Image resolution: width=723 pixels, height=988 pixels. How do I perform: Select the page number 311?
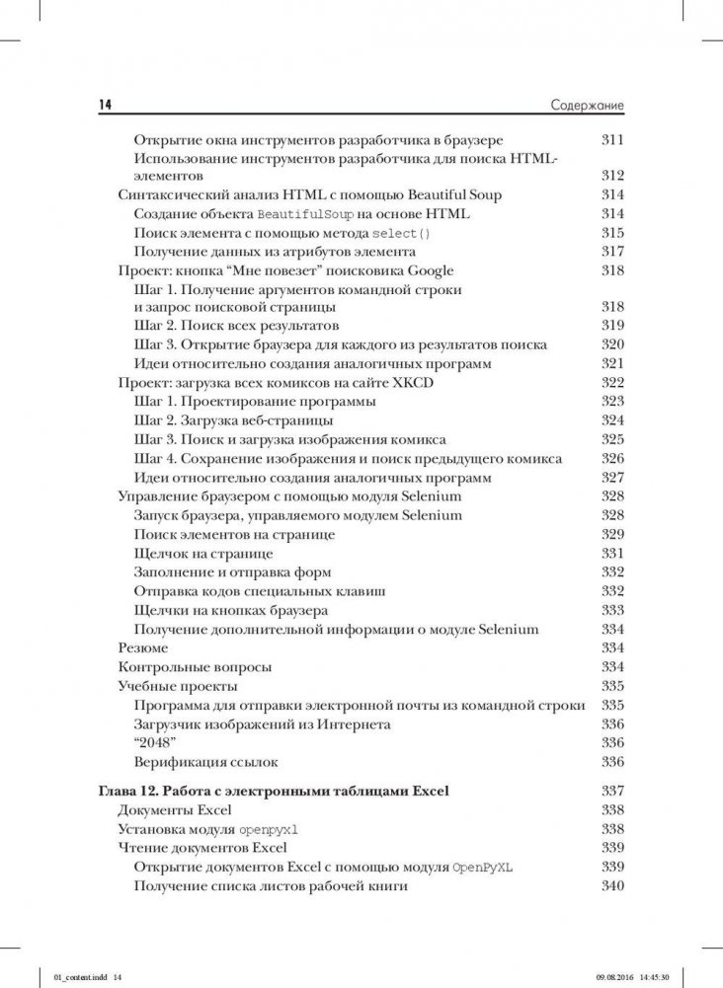click(612, 139)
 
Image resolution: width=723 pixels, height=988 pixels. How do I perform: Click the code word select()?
click(401, 234)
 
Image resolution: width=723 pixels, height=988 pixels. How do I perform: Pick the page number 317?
click(612, 252)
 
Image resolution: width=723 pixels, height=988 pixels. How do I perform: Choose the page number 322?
click(612, 383)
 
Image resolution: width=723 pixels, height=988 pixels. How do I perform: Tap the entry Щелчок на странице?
click(203, 553)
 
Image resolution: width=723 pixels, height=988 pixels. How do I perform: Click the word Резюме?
click(142, 647)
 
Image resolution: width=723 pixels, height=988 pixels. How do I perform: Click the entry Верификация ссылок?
click(205, 761)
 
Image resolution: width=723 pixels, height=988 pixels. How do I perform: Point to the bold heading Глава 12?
click(131, 792)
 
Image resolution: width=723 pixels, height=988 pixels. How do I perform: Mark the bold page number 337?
click(612, 792)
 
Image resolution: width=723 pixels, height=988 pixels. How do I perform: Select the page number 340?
click(612, 886)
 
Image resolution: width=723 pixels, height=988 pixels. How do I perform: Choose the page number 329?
click(612, 534)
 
